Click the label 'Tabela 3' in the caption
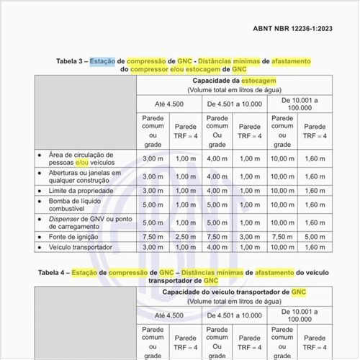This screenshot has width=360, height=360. (x=72, y=61)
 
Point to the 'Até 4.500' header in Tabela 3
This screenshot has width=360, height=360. (x=169, y=105)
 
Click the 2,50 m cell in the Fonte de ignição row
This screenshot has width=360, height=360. (x=185, y=236)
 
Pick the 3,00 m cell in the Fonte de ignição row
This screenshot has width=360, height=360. (x=250, y=236)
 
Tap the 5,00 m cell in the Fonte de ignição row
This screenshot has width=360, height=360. (x=315, y=236)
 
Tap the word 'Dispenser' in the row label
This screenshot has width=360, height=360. (x=64, y=219)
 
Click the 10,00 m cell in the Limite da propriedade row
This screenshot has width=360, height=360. (x=282, y=191)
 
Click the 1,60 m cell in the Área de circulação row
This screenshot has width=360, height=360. (x=315, y=158)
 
